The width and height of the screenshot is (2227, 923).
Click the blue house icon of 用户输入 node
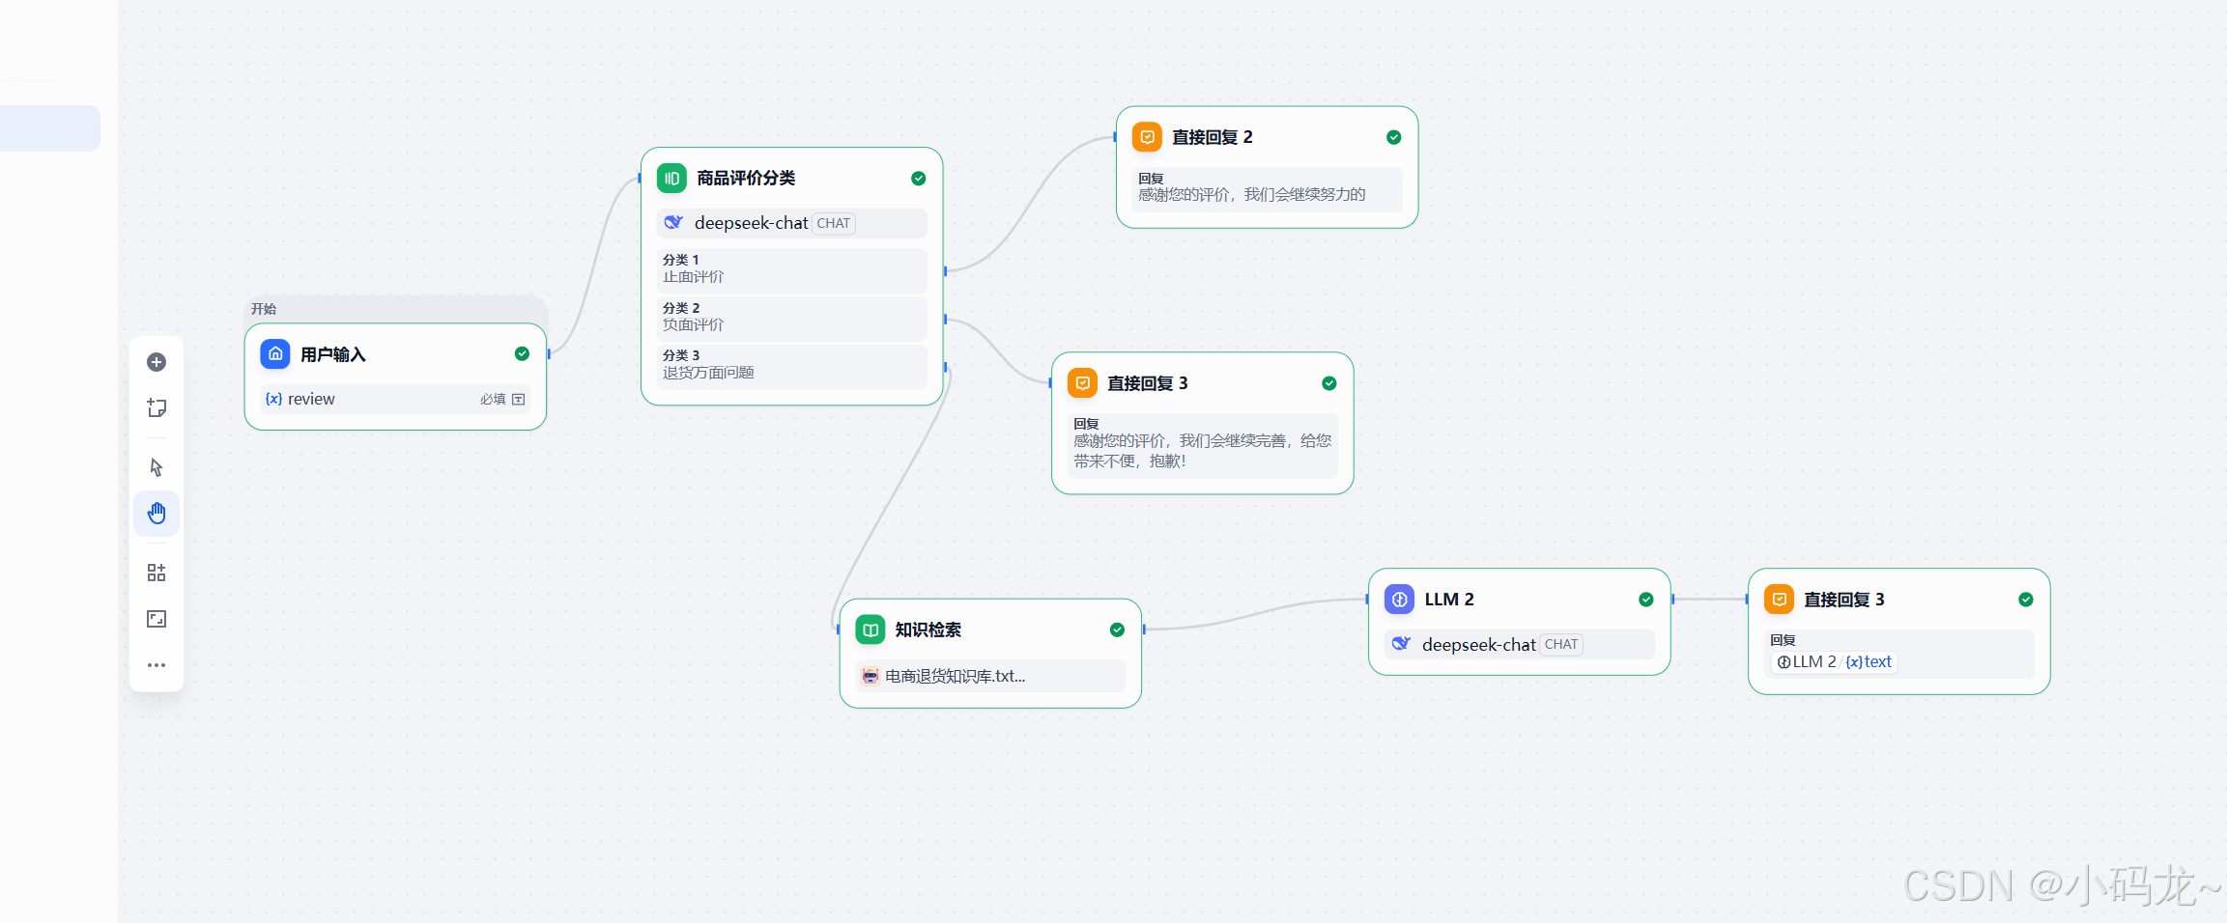coord(275,354)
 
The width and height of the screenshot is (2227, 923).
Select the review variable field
coord(395,399)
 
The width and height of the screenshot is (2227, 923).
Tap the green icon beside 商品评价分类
coord(671,178)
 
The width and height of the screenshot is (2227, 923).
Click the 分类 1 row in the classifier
coord(791,269)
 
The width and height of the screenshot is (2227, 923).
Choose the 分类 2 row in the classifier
coord(791,318)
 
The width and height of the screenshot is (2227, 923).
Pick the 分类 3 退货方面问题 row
coord(791,365)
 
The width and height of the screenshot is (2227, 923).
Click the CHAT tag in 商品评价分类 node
coord(834,223)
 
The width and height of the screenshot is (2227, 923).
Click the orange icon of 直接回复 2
coord(1147,137)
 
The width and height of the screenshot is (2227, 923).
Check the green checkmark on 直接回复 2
coord(1393,137)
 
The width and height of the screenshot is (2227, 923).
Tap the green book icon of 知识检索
coord(871,629)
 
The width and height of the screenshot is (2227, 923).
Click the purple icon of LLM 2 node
coord(1399,600)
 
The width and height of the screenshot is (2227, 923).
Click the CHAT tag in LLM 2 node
coord(1561,644)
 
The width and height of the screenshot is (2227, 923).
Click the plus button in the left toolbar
coord(157,362)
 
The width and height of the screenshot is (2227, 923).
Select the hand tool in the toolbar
coord(157,513)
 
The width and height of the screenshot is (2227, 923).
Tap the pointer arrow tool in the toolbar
coord(157,467)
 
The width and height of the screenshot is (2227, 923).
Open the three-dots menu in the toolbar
coord(157,665)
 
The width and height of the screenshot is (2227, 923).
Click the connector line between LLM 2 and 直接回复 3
coord(1709,600)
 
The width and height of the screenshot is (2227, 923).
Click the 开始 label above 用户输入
coord(264,309)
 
